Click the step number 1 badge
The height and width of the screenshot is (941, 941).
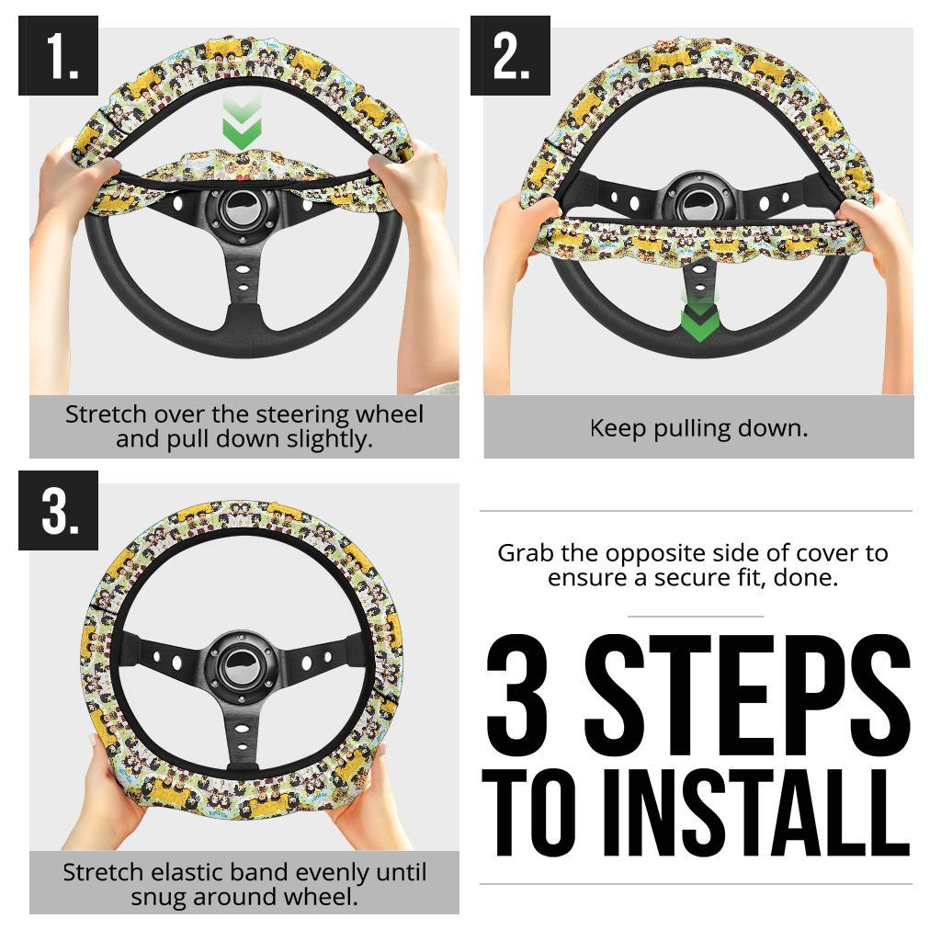pos(58,55)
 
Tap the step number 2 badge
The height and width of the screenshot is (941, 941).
pos(510,55)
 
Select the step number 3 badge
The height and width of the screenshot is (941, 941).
pos(58,510)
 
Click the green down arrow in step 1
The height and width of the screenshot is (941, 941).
pos(242,124)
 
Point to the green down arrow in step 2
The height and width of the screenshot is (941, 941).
pos(699,315)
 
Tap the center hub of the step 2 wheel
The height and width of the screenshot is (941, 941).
pos(698,201)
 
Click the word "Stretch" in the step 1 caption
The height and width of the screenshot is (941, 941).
pos(106,414)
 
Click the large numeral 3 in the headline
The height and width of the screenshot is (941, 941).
pos(517,696)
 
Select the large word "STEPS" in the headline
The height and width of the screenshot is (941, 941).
pos(748,696)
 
